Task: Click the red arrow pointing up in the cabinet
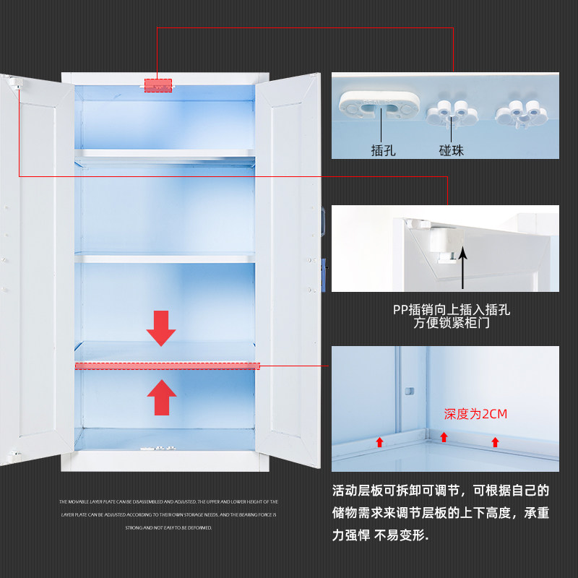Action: pos(161,397)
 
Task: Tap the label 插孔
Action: pos(383,151)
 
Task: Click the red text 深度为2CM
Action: pos(476,414)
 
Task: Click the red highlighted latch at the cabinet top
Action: pos(158,85)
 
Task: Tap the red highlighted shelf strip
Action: pos(167,366)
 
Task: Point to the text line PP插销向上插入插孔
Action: pos(452,310)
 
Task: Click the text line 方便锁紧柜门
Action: pos(452,324)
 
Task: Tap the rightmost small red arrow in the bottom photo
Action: pos(495,441)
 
